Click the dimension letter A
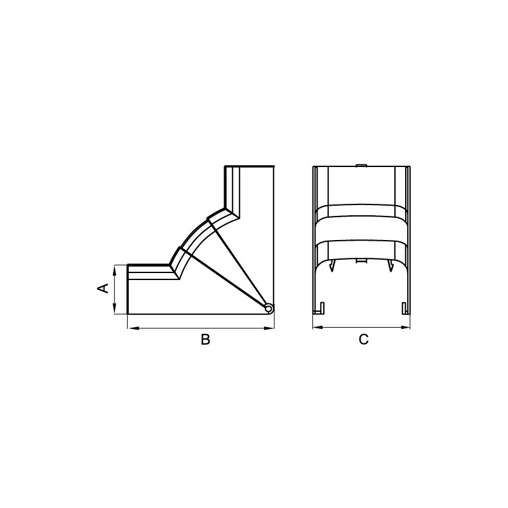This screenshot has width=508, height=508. tap(104, 288)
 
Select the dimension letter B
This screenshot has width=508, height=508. tap(205, 339)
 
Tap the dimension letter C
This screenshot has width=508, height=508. tap(363, 339)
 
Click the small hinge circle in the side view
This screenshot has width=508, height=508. tap(269, 308)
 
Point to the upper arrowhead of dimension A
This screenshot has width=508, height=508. tap(115, 271)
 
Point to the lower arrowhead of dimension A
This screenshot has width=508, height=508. tap(115, 309)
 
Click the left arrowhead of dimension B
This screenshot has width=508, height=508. tap(133, 328)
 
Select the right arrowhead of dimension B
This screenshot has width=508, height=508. tap(269, 328)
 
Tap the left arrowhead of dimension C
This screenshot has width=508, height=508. tap(318, 327)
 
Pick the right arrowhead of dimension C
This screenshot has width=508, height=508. tap(405, 327)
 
